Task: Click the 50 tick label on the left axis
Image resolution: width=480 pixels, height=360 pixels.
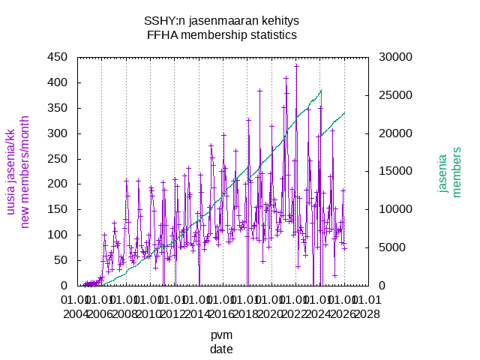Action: [x=61, y=260]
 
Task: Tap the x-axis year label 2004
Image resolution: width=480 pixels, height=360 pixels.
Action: [x=77, y=313]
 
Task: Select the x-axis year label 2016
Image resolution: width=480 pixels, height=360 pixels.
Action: [x=222, y=313]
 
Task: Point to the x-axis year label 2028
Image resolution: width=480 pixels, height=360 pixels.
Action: [x=367, y=313]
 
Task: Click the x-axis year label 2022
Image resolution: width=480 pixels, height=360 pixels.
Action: [x=295, y=313]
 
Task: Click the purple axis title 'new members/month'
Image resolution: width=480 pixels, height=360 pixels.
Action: [x=25, y=171]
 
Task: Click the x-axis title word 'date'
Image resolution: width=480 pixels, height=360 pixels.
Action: [x=221, y=349]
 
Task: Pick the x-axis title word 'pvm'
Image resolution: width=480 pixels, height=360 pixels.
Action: [x=221, y=335]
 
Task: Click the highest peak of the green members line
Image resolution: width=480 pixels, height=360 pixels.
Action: [x=321, y=91]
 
